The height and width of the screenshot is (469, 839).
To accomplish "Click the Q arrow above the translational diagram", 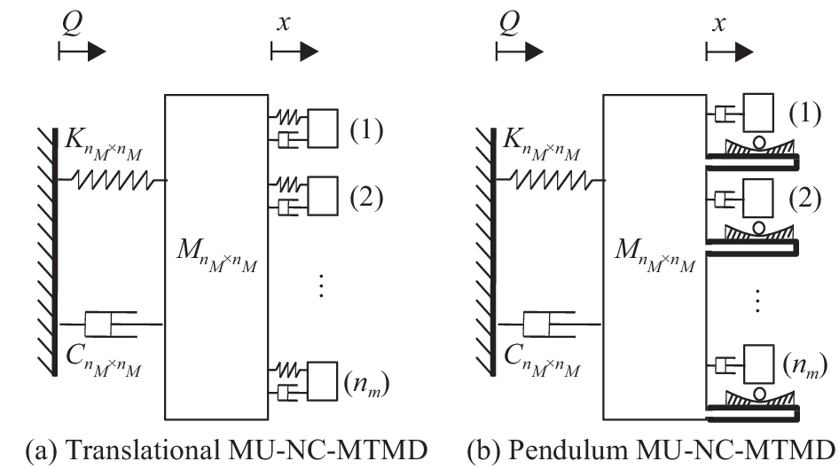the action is tap(82, 52).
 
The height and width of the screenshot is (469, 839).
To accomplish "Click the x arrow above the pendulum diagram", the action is tap(729, 52).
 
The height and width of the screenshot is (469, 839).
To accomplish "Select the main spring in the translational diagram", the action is tap(113, 180).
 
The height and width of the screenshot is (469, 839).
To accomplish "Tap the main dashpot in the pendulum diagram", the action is tap(550, 324).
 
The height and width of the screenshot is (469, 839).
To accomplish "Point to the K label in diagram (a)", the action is tap(104, 145).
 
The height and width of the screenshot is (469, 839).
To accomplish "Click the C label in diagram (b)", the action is tap(542, 361).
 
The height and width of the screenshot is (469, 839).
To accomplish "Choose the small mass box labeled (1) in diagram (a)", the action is tap(323, 129).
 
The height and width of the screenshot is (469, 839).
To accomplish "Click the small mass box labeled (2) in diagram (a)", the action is tap(323, 196).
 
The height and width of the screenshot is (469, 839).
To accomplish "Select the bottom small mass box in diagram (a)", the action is tap(323, 381).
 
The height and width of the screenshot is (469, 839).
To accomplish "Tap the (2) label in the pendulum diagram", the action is tap(804, 199).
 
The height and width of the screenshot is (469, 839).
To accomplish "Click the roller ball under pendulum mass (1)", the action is tap(758, 142).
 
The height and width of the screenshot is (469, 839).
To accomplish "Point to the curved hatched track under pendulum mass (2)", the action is tap(759, 232).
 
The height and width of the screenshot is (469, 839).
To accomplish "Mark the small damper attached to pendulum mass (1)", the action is tap(725, 113).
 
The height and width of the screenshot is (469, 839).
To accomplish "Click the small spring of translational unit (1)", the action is tap(288, 116).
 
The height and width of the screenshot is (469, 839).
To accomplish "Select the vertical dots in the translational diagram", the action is tap(321, 285).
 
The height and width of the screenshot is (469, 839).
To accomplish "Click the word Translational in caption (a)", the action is tap(142, 450).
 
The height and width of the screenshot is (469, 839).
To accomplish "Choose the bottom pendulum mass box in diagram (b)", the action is tap(758, 364).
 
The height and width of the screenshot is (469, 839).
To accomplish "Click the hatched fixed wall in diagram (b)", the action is tap(484, 252).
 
